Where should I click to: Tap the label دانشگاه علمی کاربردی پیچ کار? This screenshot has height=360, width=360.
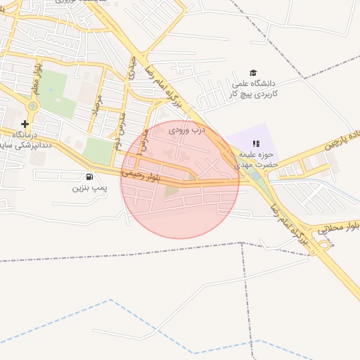pos(255,88)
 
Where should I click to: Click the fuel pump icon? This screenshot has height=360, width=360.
pos(89,176)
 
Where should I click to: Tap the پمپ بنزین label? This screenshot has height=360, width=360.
pos(89,188)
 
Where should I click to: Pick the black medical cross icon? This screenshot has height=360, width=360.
pos(25,124)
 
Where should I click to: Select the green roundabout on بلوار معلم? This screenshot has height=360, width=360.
pos(32,106)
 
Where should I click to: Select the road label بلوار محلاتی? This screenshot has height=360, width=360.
pos(338,227)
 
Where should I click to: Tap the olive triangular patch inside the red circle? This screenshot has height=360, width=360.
pos(172,190)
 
